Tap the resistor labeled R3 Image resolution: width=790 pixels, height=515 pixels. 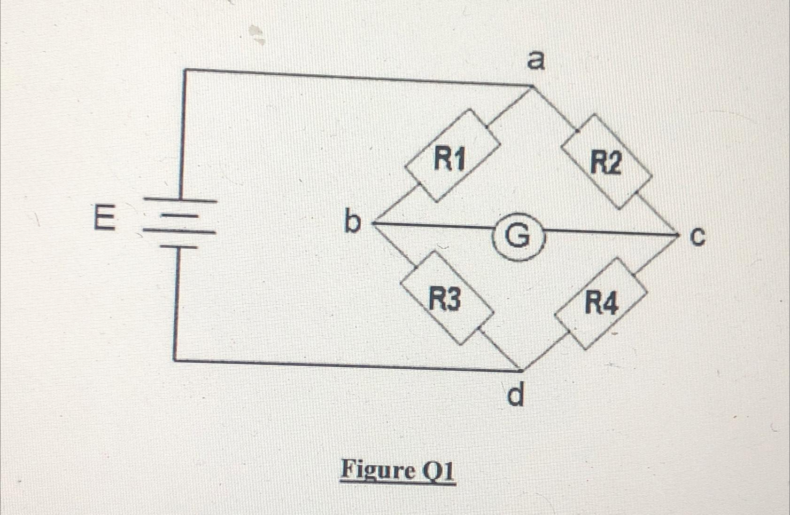[447, 298]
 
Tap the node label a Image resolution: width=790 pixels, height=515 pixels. [535, 61]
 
